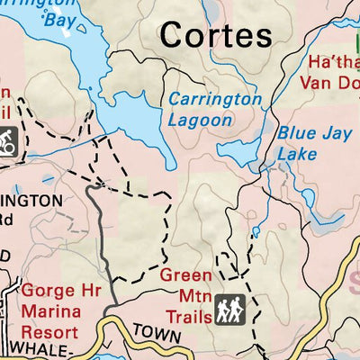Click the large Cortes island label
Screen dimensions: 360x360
click(215, 35)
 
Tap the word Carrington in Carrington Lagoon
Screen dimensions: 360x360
click(215, 99)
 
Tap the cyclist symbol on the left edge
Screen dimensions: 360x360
click(9, 140)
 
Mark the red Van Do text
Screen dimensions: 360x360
click(328, 83)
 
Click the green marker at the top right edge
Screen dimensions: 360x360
click(356, 40)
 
